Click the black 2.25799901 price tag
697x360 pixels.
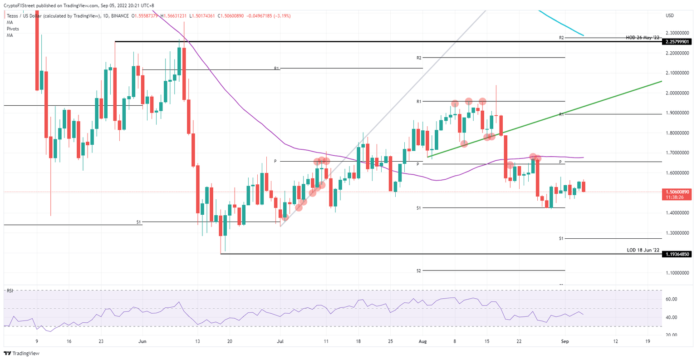point(677,42)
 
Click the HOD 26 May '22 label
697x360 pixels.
point(642,38)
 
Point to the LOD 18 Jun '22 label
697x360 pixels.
point(643,250)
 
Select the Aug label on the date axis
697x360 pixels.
point(423,341)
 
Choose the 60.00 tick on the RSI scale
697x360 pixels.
point(671,299)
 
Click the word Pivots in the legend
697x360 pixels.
point(13,29)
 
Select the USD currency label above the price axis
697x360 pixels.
point(669,15)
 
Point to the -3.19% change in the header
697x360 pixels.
point(281,16)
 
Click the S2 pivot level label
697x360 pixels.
point(418,271)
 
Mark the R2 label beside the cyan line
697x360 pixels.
point(561,38)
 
